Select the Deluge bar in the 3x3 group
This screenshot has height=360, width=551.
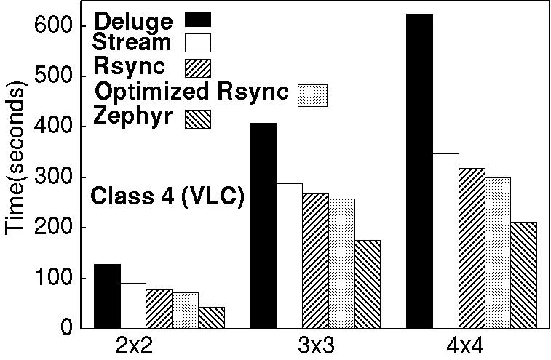(x=263, y=225)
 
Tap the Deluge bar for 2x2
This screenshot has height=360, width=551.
(x=107, y=296)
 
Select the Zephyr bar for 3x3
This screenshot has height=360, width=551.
(x=368, y=284)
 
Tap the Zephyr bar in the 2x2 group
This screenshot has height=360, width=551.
(x=211, y=317)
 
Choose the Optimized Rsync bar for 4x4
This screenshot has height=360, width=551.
(x=498, y=252)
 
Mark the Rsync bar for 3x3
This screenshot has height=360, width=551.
(x=315, y=260)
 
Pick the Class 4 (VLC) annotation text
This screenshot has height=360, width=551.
(x=167, y=197)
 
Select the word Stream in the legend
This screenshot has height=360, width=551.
(x=132, y=41)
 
